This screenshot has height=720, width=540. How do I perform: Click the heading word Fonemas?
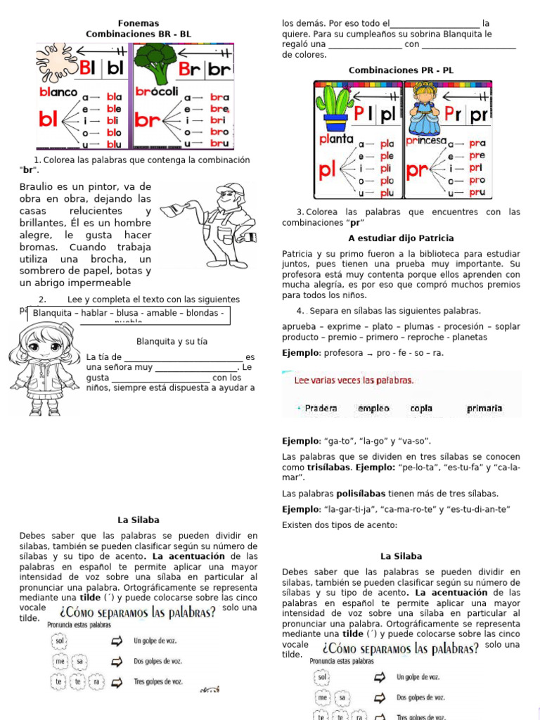click(x=138, y=23)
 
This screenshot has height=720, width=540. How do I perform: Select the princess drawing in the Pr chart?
click(x=425, y=105)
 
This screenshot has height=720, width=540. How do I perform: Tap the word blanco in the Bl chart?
click(x=58, y=92)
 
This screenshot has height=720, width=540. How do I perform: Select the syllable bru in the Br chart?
click(x=219, y=143)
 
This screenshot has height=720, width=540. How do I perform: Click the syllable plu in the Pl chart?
click(x=387, y=193)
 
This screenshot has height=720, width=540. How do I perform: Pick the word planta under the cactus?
click(x=336, y=139)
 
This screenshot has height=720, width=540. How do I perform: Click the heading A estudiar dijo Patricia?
click(x=401, y=238)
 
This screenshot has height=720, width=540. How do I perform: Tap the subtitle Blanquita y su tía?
click(x=172, y=342)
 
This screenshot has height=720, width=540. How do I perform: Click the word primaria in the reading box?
click(x=484, y=409)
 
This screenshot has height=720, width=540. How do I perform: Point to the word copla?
click(x=421, y=409)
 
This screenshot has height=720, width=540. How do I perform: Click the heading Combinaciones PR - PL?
click(x=401, y=70)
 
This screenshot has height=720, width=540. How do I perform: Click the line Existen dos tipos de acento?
click(x=340, y=525)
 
